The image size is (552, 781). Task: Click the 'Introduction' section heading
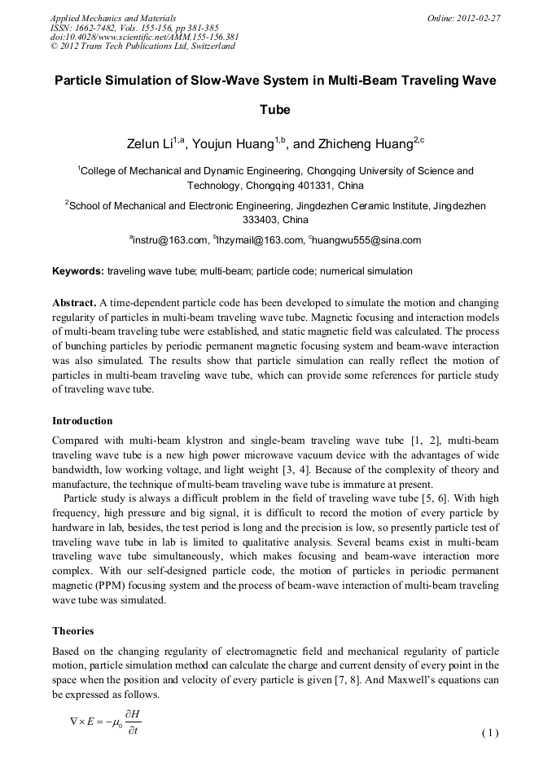(x=82, y=421)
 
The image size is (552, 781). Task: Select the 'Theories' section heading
(x=73, y=630)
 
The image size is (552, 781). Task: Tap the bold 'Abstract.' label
(x=74, y=301)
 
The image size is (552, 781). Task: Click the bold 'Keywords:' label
(x=77, y=270)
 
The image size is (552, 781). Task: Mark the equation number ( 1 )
(x=489, y=732)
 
